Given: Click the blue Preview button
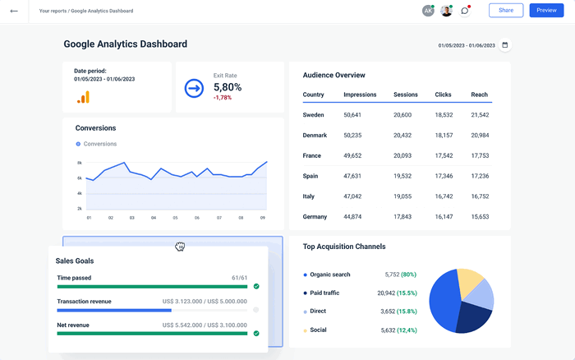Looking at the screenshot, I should point(546,10).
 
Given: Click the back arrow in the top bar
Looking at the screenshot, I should point(14,11).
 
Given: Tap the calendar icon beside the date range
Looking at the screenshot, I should point(505,45).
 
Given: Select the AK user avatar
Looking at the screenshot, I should point(428,11).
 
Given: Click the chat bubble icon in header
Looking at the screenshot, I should point(465,11).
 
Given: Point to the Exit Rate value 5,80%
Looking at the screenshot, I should point(228,86).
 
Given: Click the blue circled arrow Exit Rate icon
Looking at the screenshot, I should point(194,87).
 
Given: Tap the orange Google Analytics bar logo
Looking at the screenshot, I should point(84,97).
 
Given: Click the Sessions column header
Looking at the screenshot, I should point(406,95).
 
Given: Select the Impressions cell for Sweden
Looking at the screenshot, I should point(352,115).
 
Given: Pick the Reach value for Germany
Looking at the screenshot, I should point(481,217).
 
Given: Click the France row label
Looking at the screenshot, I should point(312,155).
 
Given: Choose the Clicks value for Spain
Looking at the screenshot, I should point(444,176).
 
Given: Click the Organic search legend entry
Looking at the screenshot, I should point(330,275).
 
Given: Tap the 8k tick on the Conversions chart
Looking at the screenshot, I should point(80,163).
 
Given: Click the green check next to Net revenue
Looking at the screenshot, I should point(256,334).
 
